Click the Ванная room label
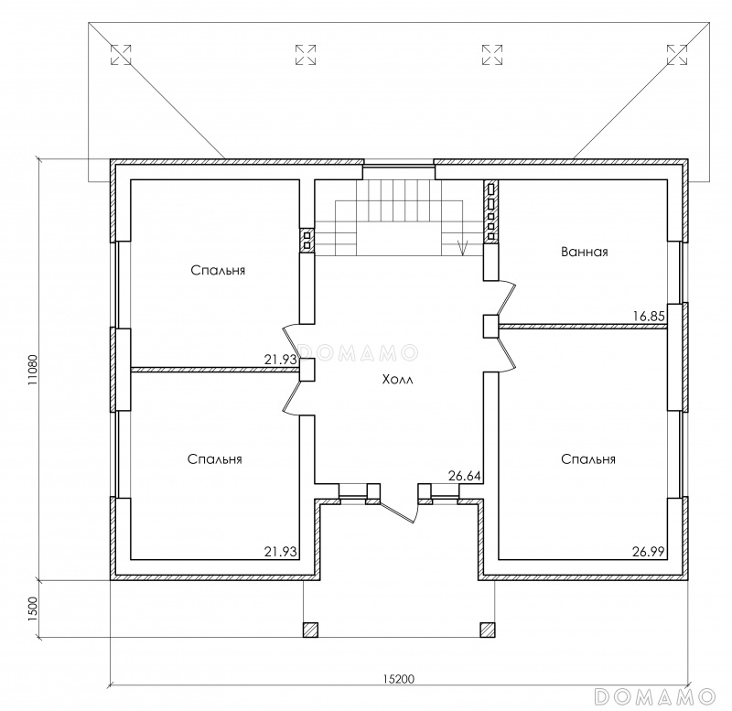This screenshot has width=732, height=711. point(585,252)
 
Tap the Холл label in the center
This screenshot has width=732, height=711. point(398,380)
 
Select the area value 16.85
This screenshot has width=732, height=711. point(649,317)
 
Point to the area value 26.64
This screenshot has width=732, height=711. point(465,476)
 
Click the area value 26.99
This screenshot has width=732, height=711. point(649,552)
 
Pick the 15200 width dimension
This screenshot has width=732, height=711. point(399,678)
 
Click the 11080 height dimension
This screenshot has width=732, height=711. point(32,371)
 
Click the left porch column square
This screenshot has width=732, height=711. point(310,630)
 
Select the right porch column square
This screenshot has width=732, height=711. point(488,630)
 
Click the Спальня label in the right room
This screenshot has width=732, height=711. point(588,459)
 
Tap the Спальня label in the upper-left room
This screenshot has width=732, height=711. point(218,271)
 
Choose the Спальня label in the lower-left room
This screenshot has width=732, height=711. point(215,459)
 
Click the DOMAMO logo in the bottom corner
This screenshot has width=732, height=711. point(654,696)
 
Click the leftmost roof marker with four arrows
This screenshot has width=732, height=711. point(121,55)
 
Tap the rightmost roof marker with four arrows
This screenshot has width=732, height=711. point(677,55)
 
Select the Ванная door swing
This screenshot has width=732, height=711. point(507,299)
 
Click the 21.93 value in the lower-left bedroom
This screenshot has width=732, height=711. point(281,552)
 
